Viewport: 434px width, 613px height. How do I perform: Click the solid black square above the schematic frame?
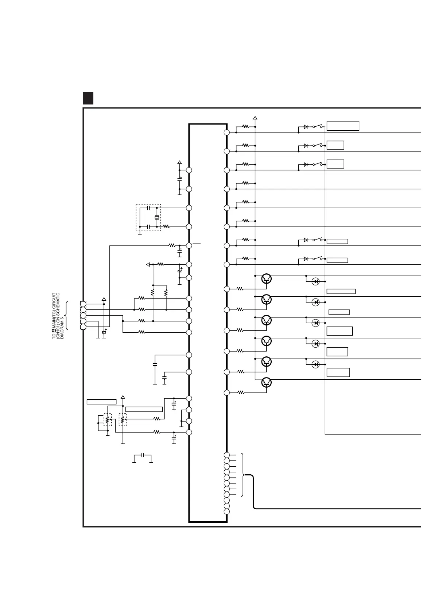point(88,98)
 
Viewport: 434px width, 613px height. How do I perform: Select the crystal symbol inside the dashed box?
point(157,217)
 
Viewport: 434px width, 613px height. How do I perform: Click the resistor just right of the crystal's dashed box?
point(166,226)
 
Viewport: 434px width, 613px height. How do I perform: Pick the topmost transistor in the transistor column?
point(267,279)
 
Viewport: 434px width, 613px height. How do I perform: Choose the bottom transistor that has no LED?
point(267,382)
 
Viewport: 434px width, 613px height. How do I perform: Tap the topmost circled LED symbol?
point(316,281)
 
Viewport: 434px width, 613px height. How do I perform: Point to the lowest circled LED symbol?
point(316,364)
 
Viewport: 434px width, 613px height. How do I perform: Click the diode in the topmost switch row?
point(306,127)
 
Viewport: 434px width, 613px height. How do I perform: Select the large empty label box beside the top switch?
point(343,126)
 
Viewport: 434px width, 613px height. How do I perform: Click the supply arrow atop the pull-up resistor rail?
point(255,118)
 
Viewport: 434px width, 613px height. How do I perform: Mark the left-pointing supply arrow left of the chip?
point(148,264)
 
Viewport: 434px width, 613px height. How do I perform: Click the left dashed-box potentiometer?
point(107,420)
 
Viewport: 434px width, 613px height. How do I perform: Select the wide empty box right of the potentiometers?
point(144,409)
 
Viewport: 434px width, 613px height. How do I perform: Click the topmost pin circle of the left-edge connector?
point(83,304)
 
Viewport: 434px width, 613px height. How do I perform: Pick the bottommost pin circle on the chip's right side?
point(226,511)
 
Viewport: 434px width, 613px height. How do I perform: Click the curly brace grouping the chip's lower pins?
point(243,475)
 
